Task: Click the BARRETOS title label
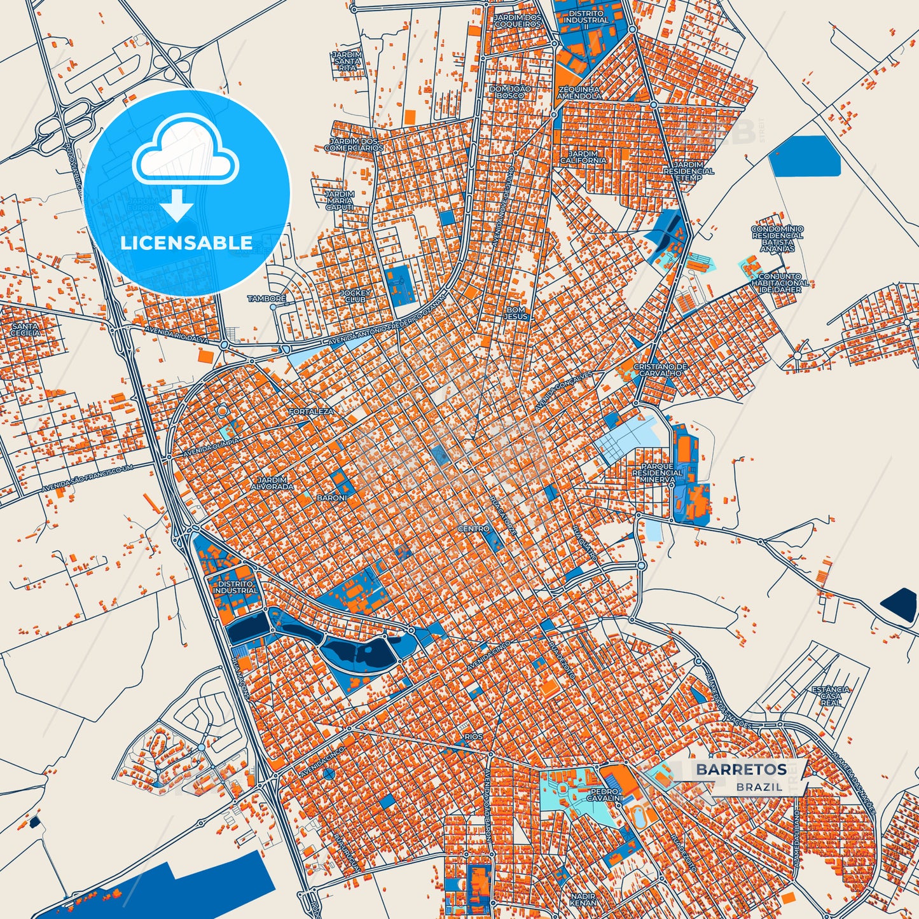(741, 770)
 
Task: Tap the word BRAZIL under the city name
(759, 787)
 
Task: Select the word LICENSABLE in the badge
(186, 243)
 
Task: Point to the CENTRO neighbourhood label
(474, 529)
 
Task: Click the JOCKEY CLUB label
(355, 296)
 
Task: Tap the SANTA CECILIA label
(25, 329)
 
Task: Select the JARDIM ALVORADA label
(272, 483)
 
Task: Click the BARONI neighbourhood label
(332, 497)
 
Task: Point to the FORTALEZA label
(311, 412)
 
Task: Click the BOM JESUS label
(516, 313)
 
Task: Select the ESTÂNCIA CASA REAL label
(831, 696)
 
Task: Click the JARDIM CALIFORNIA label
(583, 157)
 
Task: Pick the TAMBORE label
(266, 298)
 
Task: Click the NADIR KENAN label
(583, 899)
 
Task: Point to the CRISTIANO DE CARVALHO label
(661, 370)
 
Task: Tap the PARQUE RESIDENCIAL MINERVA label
(657, 473)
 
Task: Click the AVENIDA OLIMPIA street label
(211, 446)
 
